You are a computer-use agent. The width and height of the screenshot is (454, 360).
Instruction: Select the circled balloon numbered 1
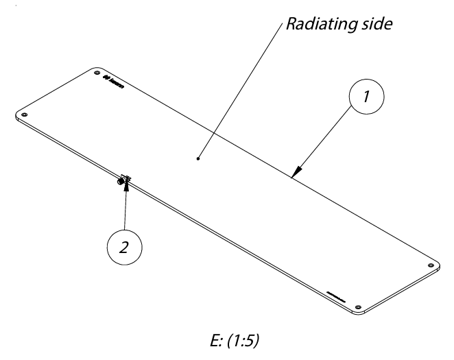coord(368,98)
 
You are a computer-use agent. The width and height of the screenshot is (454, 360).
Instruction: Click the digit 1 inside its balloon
coord(368,98)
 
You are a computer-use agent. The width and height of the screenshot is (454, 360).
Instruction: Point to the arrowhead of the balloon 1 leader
coord(294,174)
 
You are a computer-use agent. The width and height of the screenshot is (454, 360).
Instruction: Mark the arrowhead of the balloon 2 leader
coord(126,185)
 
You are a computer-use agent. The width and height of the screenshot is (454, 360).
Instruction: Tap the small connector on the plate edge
coord(124,180)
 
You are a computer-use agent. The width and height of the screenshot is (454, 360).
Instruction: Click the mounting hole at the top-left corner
coord(96,71)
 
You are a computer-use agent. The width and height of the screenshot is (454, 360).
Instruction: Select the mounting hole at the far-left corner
coord(25,113)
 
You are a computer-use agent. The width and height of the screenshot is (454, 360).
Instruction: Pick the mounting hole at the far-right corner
coord(430,265)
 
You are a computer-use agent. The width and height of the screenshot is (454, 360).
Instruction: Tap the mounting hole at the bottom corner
coord(358,306)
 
